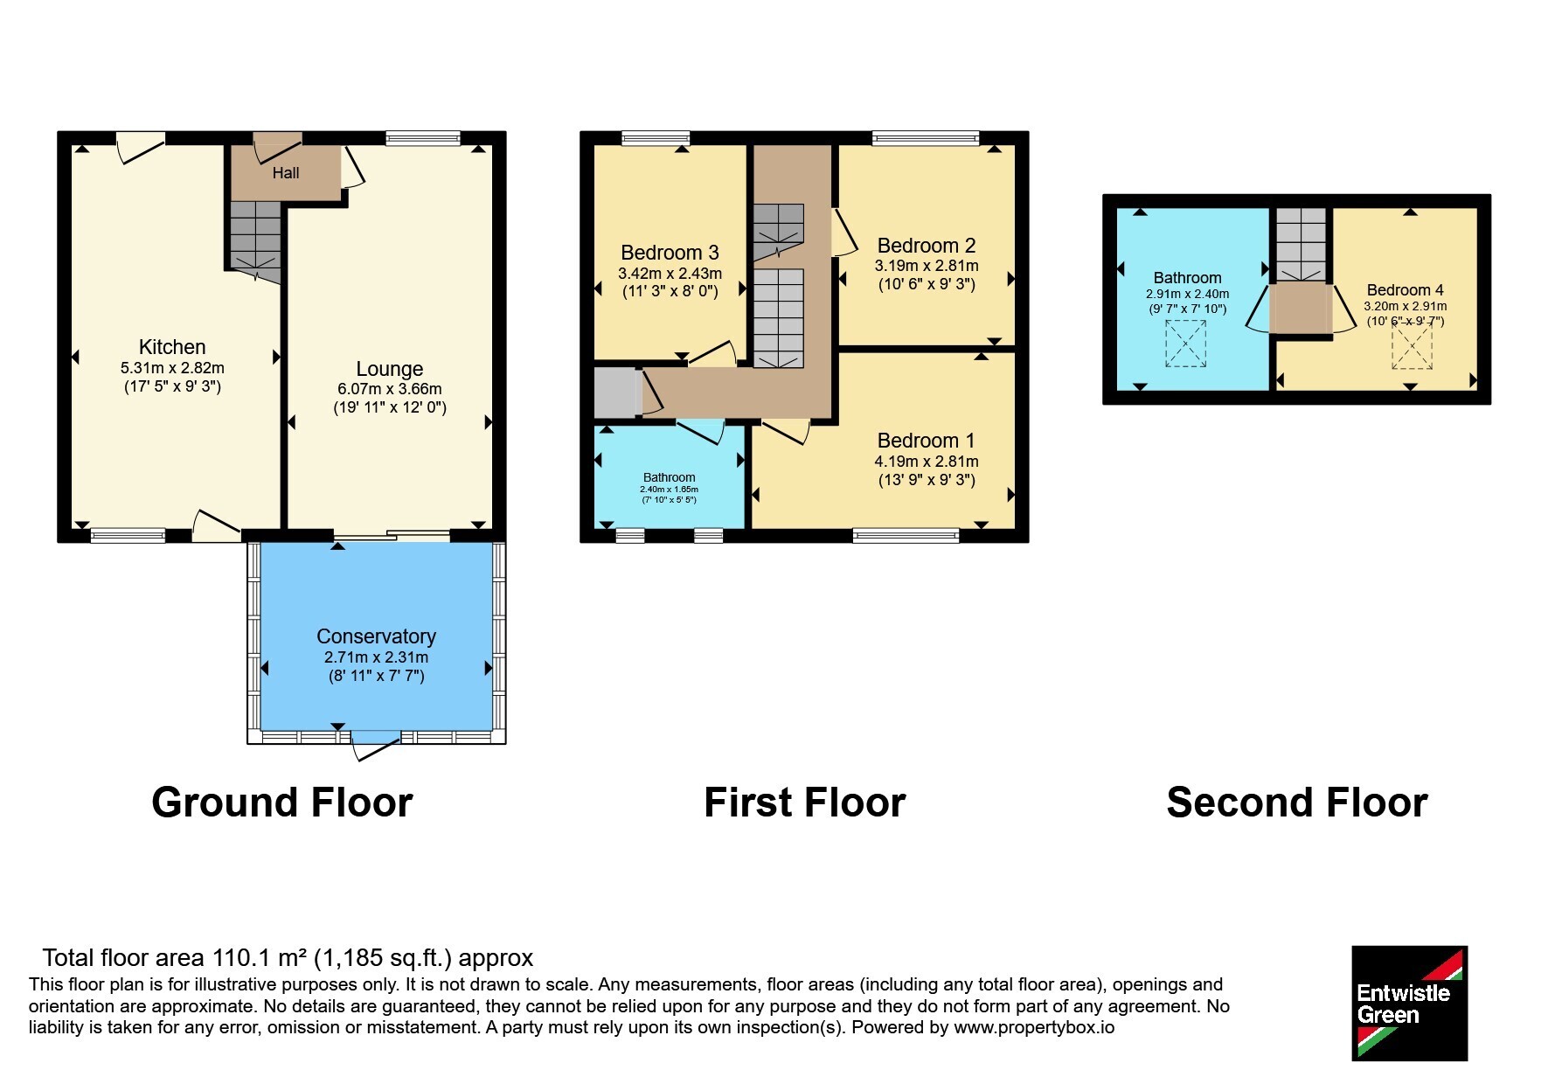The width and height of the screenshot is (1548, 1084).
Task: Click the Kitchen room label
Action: coord(172,347)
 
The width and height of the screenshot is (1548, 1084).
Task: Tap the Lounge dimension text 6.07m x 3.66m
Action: coord(390,389)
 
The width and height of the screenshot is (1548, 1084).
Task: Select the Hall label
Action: coord(286,173)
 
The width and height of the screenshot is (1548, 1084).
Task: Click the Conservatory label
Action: coord(376,636)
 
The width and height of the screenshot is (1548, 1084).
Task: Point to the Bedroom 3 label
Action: coord(670,253)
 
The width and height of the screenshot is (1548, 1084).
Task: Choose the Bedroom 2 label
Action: coord(927,246)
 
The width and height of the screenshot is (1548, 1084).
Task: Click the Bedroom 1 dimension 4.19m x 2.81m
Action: coord(927,462)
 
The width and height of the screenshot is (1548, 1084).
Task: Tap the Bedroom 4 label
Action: coord(1405,290)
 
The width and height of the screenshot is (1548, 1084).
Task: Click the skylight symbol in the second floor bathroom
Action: coord(1185,344)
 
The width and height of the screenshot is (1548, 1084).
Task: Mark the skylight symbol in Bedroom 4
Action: coord(1412,347)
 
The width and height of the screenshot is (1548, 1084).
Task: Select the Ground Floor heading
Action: coord(281,803)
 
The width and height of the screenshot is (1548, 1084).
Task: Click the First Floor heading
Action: coord(804,803)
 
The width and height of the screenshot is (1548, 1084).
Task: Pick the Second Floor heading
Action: coord(1296,803)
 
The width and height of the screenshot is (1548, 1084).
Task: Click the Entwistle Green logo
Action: coord(1409,1004)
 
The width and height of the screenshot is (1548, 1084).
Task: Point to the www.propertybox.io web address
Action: coord(1034,1028)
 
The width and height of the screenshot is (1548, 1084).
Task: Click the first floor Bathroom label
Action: coord(670,477)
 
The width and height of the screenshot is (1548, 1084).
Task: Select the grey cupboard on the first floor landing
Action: coord(616,393)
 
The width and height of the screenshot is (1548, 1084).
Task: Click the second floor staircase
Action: coord(1302,245)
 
